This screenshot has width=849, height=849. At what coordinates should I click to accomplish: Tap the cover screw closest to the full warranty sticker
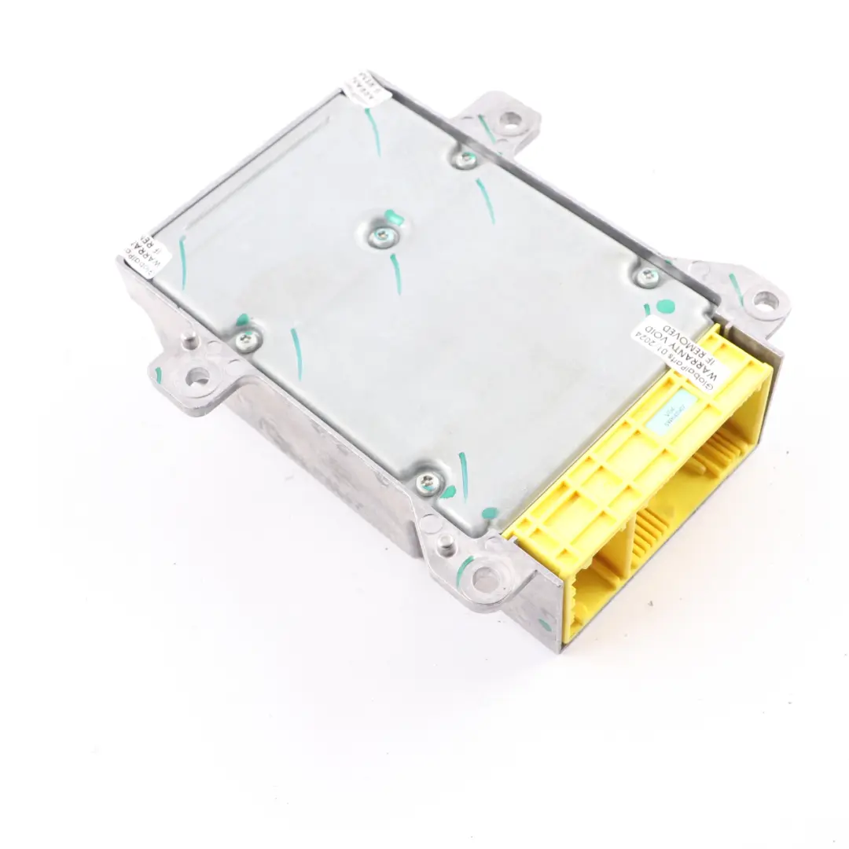(x=648, y=274)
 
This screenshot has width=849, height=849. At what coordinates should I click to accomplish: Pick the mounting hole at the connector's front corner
(x=486, y=579)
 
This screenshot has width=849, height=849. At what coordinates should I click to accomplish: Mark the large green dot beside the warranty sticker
(x=665, y=307)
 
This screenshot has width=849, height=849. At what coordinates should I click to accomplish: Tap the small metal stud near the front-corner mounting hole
(x=446, y=541)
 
